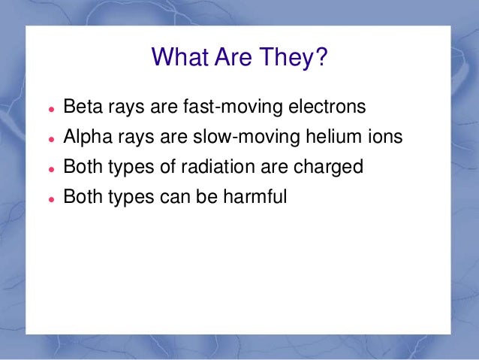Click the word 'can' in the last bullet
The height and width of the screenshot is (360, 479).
tap(171, 198)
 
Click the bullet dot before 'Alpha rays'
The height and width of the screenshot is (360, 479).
tap(50, 139)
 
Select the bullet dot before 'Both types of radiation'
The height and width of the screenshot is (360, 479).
tap(50, 169)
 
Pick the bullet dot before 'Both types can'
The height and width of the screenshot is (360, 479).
tap(50, 199)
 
